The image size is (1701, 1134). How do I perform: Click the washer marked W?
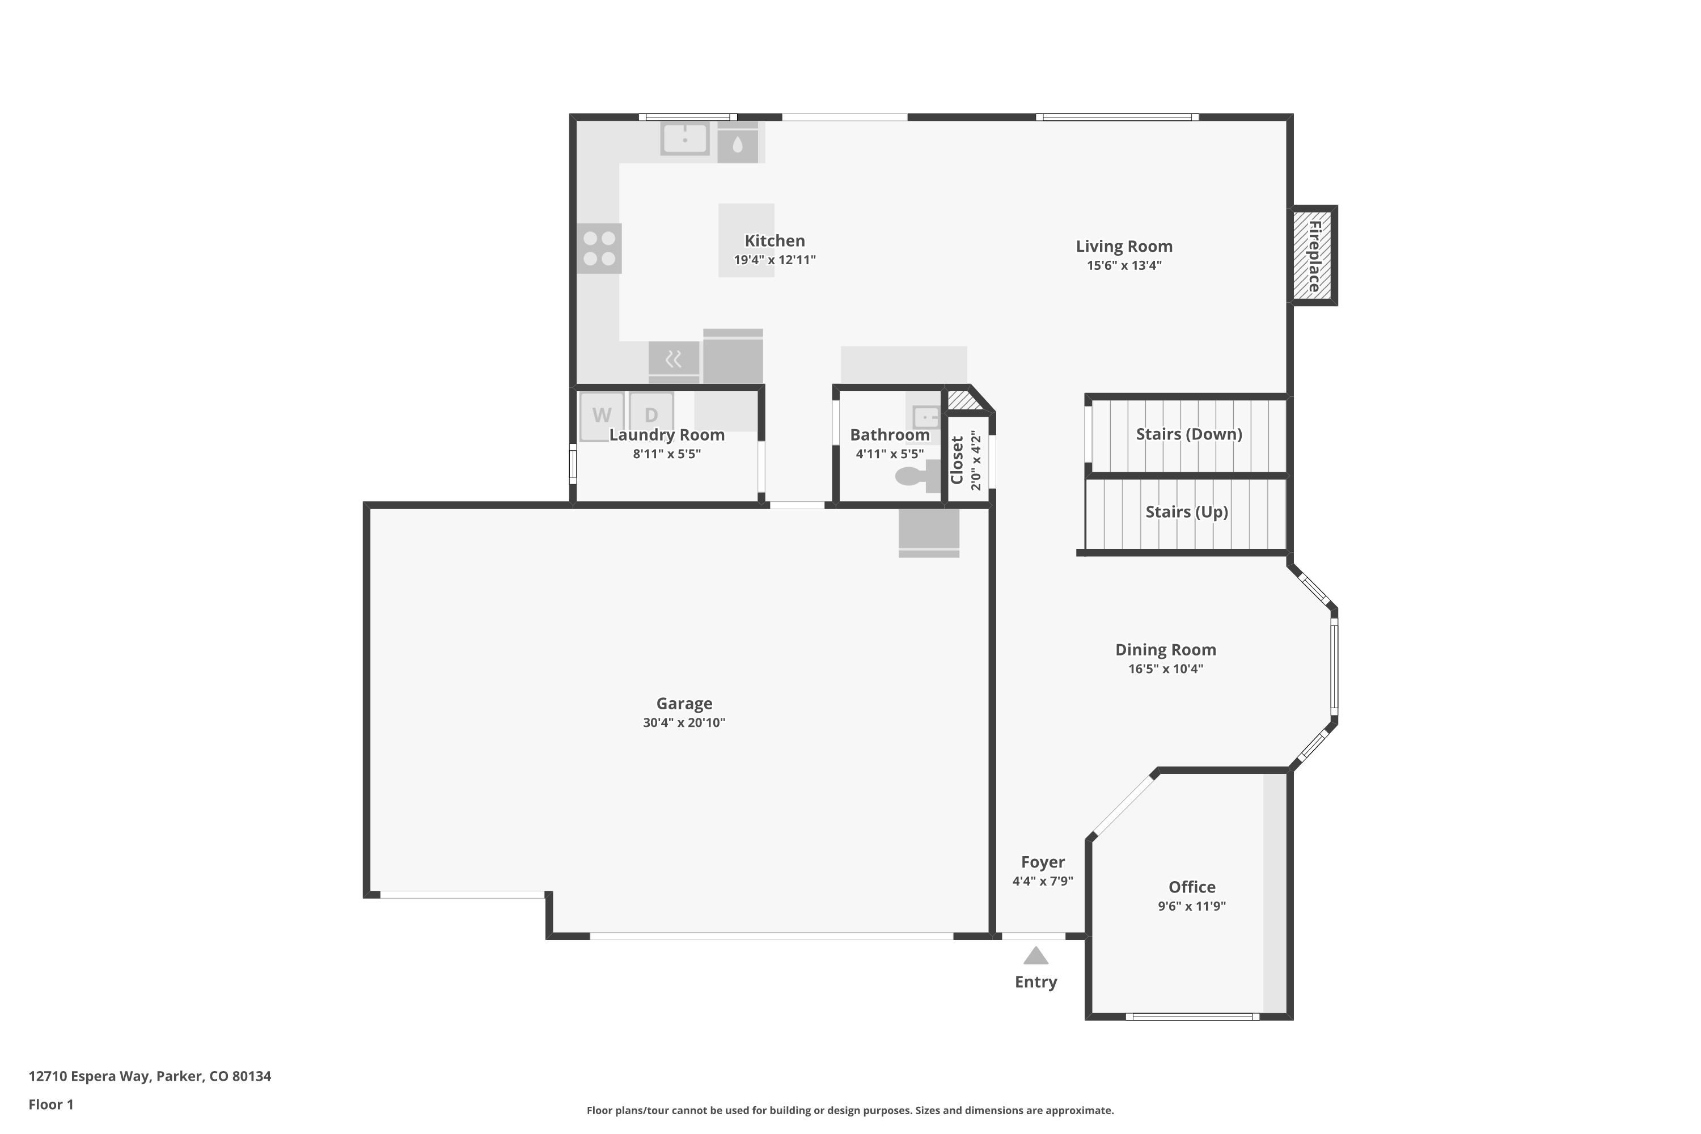click(x=602, y=417)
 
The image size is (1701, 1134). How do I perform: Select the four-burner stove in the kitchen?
click(x=599, y=248)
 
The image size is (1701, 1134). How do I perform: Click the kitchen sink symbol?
click(x=685, y=138)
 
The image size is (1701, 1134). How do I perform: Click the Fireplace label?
click(x=1314, y=256)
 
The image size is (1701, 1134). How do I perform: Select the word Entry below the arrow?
click(x=1036, y=982)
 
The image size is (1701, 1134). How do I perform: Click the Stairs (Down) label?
click(x=1189, y=434)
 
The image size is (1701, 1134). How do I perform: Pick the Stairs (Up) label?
click(x=1187, y=512)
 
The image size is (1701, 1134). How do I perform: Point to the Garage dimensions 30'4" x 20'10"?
click(x=684, y=722)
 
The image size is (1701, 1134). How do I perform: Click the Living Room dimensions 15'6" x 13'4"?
click(x=1124, y=265)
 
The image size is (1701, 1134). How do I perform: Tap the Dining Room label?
click(x=1166, y=649)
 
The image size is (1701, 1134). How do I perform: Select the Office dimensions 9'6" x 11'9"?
click(x=1192, y=906)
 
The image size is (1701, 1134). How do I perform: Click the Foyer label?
click(x=1043, y=862)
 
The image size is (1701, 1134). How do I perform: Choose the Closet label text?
click(x=957, y=460)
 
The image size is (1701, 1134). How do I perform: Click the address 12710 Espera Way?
click(x=90, y=1076)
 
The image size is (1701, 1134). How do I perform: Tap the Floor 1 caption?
click(x=50, y=1105)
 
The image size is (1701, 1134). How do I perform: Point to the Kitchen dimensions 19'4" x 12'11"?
click(x=775, y=260)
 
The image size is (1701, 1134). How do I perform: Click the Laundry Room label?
click(x=667, y=435)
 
